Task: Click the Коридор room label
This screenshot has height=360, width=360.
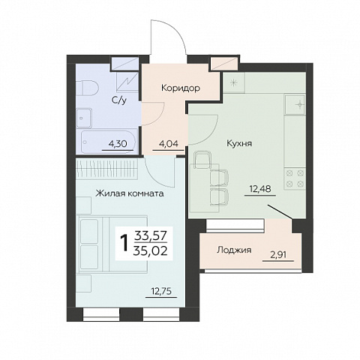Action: pyautogui.click(x=181, y=88)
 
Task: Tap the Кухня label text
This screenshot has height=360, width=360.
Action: pyautogui.click(x=239, y=143)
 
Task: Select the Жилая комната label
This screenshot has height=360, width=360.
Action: pyautogui.click(x=130, y=193)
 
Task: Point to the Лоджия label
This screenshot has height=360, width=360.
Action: pyautogui.click(x=234, y=250)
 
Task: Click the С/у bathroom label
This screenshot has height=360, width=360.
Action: pyautogui.click(x=119, y=100)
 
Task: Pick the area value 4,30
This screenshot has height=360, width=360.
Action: pyautogui.click(x=118, y=144)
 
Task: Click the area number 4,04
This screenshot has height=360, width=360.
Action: pyautogui.click(x=169, y=144)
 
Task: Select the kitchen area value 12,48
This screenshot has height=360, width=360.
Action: pyautogui.click(x=260, y=189)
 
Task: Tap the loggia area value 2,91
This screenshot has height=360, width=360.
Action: pyautogui.click(x=278, y=255)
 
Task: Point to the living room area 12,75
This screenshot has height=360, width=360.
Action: pyautogui.click(x=161, y=291)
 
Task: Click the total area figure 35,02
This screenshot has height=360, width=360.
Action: pyautogui.click(x=150, y=251)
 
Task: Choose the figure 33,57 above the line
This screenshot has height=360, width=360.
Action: pyautogui.click(x=150, y=235)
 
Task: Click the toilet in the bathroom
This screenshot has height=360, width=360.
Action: pyautogui.click(x=86, y=88)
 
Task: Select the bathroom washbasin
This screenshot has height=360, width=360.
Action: pyautogui.click(x=84, y=118)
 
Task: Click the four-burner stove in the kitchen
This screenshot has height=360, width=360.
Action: pyautogui.click(x=295, y=178)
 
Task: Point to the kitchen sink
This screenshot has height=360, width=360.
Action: pyautogui.click(x=295, y=105)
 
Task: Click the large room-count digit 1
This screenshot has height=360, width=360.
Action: pyautogui.click(x=124, y=243)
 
